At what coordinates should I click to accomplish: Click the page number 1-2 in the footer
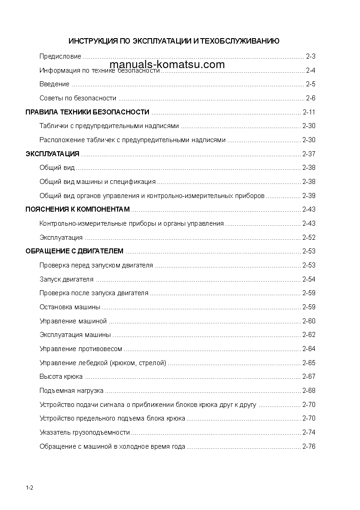point(30,488)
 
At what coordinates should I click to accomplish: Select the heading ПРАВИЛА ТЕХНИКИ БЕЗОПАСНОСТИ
point(87,112)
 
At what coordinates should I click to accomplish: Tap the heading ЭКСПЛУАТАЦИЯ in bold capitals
point(52,154)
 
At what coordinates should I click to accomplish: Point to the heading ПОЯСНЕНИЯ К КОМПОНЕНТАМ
point(78,209)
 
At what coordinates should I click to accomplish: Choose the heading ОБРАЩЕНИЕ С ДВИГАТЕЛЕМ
point(74,251)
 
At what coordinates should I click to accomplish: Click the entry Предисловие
point(60,57)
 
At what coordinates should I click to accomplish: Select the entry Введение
point(54,84)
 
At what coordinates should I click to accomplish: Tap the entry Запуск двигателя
point(66,279)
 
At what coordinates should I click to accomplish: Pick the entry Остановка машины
point(70,307)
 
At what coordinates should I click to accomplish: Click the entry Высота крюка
point(61,376)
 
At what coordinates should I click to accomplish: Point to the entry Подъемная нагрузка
point(71,391)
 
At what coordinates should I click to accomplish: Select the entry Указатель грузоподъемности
point(84,432)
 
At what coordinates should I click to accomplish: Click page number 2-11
point(309,112)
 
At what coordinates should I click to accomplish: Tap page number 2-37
point(309,154)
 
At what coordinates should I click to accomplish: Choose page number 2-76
point(309,446)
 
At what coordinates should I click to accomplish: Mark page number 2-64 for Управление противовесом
point(309,349)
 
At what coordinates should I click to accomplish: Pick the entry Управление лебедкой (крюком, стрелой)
point(103,363)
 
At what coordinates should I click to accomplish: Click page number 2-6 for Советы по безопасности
point(311,98)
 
